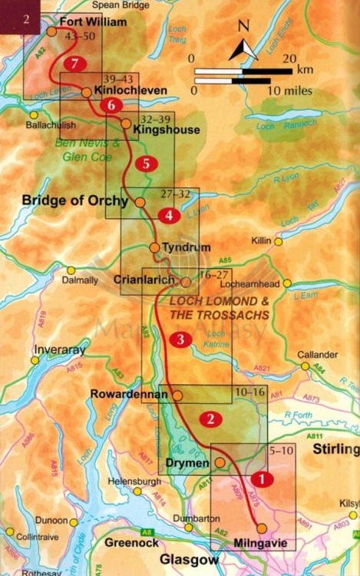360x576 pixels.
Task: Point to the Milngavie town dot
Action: coord(262,528)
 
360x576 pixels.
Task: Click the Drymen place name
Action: coord(187,464)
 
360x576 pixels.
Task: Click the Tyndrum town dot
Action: coord(154,248)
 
